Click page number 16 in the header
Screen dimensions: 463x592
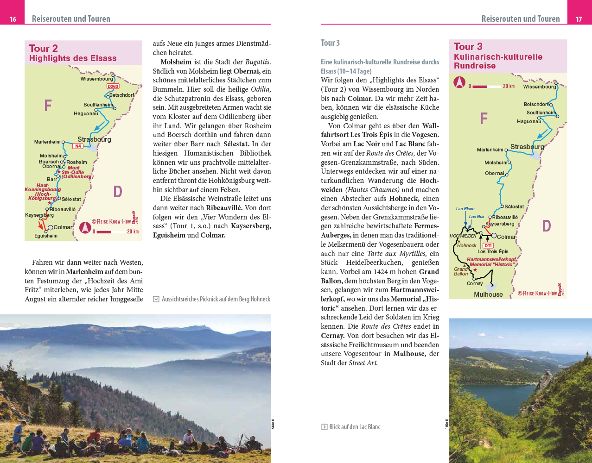pos(13,19)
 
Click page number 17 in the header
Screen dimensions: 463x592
pos(579,19)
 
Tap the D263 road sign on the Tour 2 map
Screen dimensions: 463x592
pos(113,86)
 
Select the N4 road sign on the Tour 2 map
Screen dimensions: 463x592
pos(77,146)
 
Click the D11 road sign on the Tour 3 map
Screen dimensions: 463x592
pos(488,246)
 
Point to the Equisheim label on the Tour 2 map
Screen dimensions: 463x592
pos(46,236)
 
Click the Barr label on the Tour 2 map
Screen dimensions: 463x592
pos(52,179)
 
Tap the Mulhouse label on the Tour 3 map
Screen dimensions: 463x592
pos(488,294)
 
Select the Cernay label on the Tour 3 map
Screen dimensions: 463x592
pos(475,283)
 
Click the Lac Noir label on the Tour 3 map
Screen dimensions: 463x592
pos(477,217)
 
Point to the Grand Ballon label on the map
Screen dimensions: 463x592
pos(461,271)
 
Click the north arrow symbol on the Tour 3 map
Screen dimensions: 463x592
pos(459,82)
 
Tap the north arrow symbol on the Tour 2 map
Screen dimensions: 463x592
pos(85,227)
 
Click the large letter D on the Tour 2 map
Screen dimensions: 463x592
pos(118,191)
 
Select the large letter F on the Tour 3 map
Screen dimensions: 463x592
pos(484,119)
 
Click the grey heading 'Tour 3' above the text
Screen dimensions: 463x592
pos(330,43)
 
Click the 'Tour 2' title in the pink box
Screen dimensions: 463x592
pos(44,49)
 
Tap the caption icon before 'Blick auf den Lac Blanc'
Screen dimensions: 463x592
pos(325,427)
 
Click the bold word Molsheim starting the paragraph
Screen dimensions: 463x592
pos(176,62)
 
